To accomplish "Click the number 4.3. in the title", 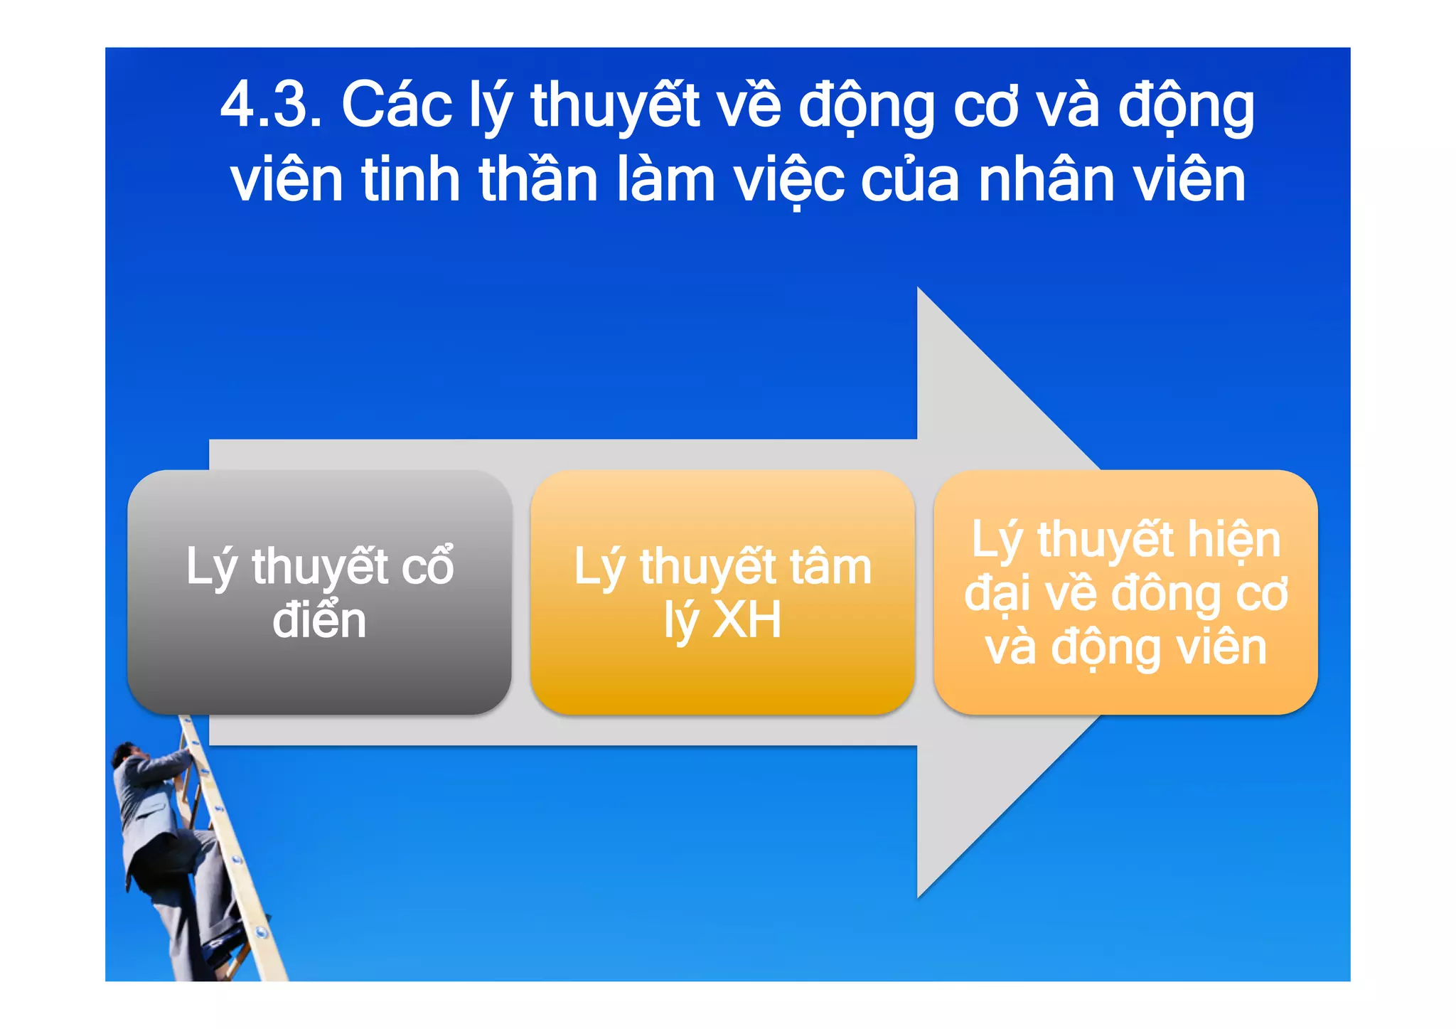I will [271, 106].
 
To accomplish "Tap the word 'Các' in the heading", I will [397, 106].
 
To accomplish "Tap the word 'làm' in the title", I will [665, 180].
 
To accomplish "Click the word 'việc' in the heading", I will [789, 180].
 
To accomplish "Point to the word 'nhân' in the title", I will [1045, 180].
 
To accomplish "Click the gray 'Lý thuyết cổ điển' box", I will [319, 668].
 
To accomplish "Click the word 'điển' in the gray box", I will [319, 620].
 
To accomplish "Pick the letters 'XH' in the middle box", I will [746, 620].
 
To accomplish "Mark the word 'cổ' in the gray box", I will [428, 567].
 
